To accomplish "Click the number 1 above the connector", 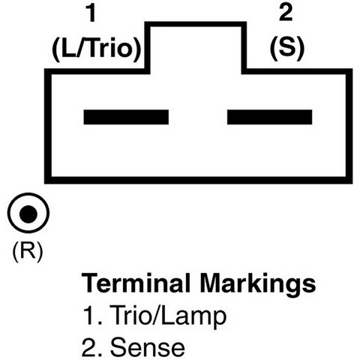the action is pos(91,13).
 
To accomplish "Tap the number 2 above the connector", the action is pos(286,13).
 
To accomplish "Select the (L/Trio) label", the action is pos(97,49).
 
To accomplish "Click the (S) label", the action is pos(287,49).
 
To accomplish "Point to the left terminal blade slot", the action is pos(126,117).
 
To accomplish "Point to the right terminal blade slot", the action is pos(269,117).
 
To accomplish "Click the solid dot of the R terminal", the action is pos(28,214).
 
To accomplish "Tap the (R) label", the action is pos(28,251).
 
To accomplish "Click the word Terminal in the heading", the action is pos(136,283).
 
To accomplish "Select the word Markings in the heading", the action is pos(257,285).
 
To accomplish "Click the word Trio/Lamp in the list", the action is pos(168,316).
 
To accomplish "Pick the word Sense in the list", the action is pos(148,347).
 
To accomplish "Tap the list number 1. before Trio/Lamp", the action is pos(93,316).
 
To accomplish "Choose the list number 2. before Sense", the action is pos(92,347).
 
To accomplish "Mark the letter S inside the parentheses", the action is pos(287,47).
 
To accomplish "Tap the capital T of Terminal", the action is pos(90,283).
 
